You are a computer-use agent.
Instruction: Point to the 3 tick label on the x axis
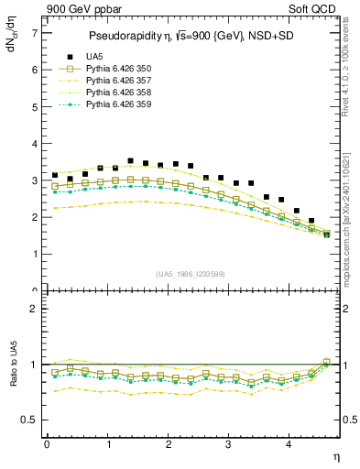[x=229, y=445]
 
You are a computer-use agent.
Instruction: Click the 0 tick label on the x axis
[x=47, y=445]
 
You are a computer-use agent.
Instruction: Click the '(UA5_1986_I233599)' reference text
[x=192, y=275]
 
